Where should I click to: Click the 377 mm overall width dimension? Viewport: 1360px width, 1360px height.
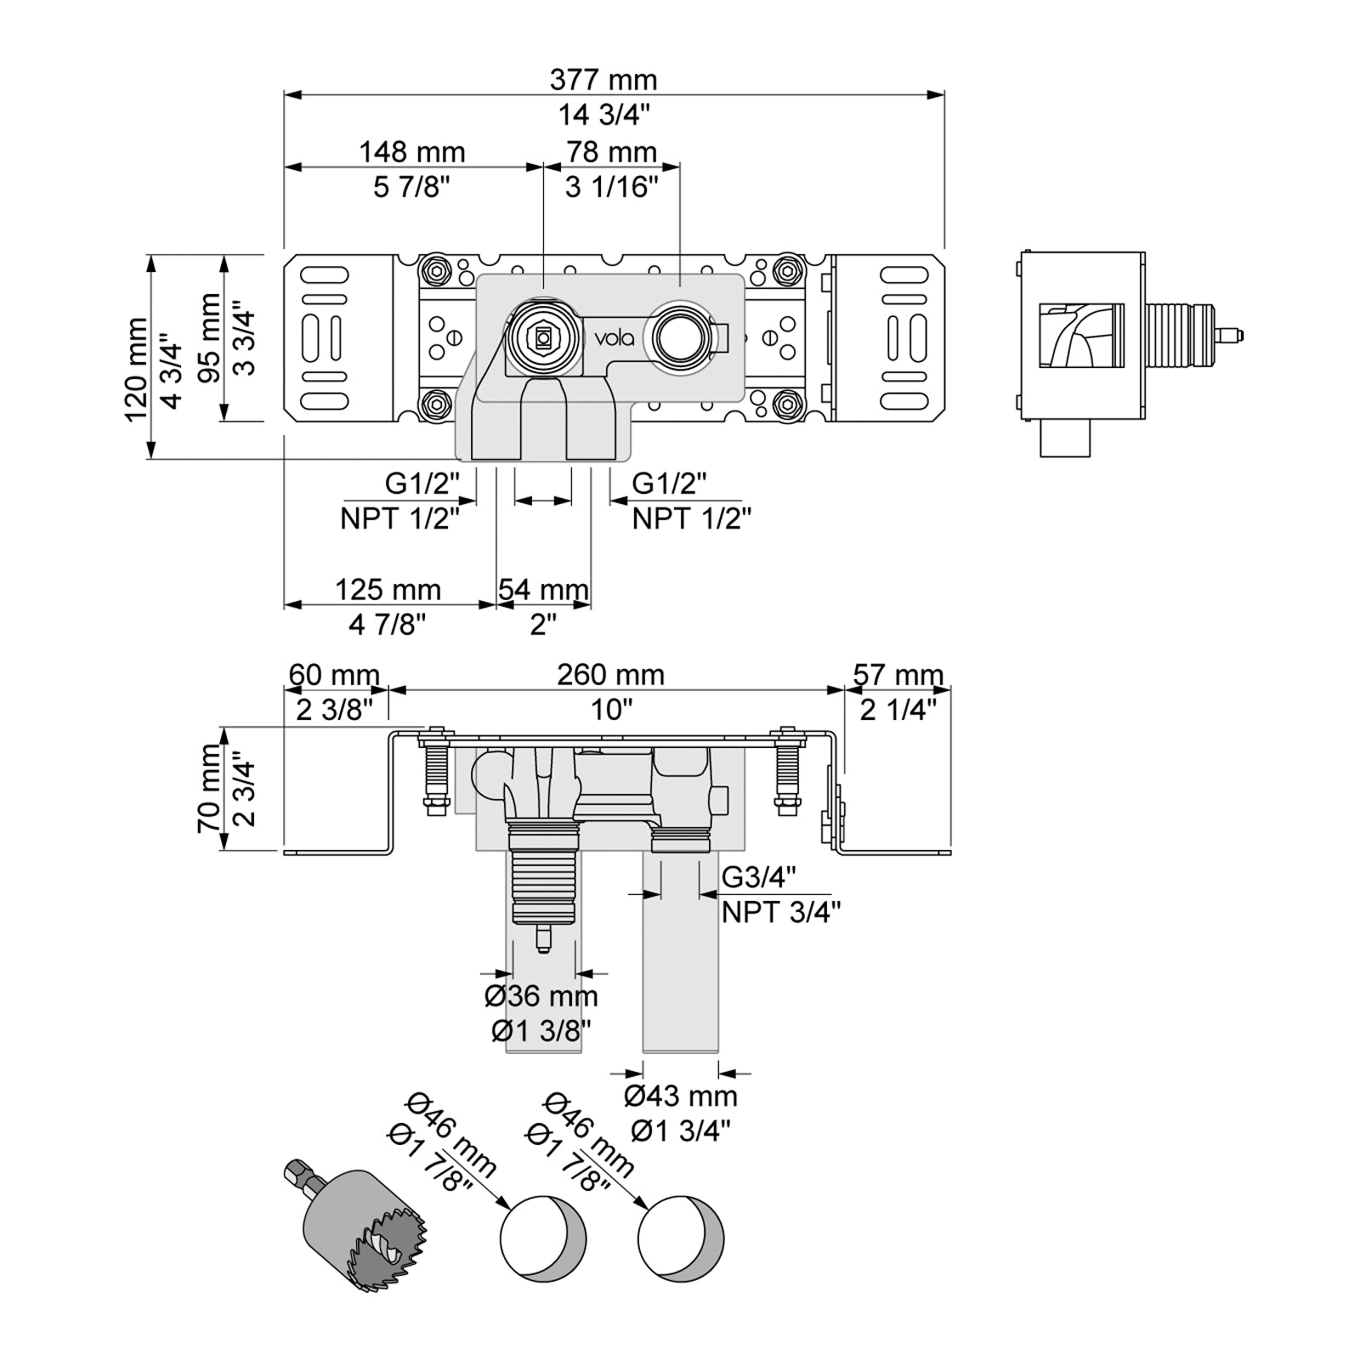click(603, 80)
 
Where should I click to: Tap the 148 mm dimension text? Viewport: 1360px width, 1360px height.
click(412, 152)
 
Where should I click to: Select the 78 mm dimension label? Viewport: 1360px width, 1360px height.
click(612, 152)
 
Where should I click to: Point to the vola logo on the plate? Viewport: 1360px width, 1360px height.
click(614, 338)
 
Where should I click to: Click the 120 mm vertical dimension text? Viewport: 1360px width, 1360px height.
click(136, 370)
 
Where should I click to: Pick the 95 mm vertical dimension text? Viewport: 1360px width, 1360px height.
click(209, 337)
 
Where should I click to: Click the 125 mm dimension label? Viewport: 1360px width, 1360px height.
click(388, 589)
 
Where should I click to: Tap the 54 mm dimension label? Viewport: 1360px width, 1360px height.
click(543, 589)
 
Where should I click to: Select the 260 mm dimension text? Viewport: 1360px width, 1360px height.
click(610, 675)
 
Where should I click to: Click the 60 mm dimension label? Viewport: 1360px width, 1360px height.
click(334, 675)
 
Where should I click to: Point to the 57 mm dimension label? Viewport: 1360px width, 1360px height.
click(898, 675)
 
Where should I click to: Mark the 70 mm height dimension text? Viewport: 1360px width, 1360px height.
click(209, 789)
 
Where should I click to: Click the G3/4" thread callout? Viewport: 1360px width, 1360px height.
click(759, 875)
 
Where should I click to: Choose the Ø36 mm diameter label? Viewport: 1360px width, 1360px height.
click(541, 996)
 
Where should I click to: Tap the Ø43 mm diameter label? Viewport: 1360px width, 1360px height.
click(681, 1096)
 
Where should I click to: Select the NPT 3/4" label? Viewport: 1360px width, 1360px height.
click(781, 912)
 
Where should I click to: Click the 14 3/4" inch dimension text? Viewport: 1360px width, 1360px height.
click(603, 114)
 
